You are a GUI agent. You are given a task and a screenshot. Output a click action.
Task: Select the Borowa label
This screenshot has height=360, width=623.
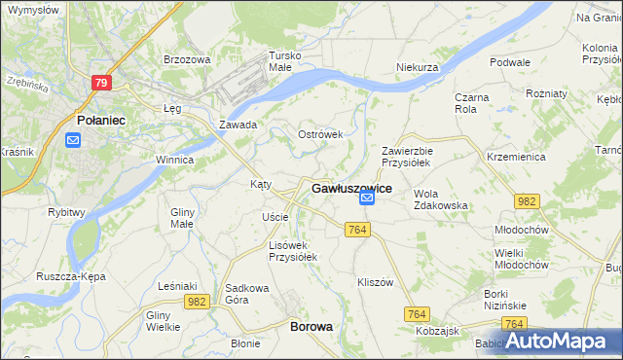[311, 328]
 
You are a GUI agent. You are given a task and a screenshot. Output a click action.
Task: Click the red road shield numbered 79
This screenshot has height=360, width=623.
[101, 83]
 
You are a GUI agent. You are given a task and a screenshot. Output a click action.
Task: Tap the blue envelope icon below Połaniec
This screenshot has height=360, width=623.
[74, 140]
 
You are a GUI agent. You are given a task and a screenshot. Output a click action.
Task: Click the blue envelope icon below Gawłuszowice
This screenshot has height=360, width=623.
[367, 199]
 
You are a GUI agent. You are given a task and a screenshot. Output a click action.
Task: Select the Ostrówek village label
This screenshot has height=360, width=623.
[320, 134]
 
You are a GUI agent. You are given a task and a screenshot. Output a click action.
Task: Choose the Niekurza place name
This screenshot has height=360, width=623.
[419, 67]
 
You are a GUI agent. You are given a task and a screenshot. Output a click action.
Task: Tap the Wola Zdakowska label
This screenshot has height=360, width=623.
[441, 199]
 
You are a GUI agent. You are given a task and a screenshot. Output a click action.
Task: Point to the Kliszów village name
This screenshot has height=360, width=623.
[375, 281]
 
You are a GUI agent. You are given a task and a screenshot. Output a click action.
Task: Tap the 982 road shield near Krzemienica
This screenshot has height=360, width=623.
[527, 200]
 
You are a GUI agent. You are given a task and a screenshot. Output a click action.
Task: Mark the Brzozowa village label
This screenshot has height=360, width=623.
[187, 59]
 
